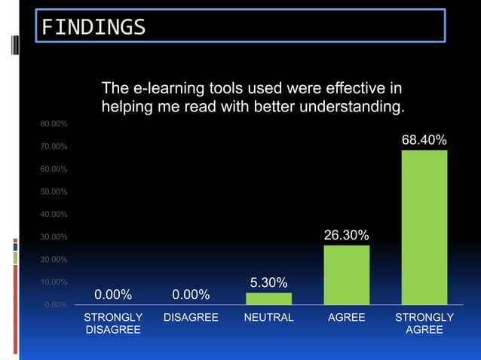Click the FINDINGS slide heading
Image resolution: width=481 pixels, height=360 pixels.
pyautogui.click(x=93, y=27)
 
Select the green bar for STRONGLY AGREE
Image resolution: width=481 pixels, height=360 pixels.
pyautogui.click(x=424, y=226)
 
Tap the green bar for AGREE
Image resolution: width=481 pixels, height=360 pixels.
pyautogui.click(x=346, y=274)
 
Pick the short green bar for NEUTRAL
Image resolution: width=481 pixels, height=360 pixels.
pyautogui.click(x=268, y=298)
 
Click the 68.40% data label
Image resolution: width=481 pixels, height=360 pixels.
pyautogui.click(x=424, y=140)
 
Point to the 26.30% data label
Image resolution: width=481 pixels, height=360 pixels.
pyautogui.click(x=346, y=236)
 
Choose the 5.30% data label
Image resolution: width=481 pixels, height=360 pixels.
pyautogui.click(x=268, y=282)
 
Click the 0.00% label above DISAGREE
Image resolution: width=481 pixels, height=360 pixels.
pyautogui.click(x=191, y=293)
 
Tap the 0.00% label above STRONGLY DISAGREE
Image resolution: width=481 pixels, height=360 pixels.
pyautogui.click(x=113, y=293)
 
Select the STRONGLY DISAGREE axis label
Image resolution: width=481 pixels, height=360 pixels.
pyautogui.click(x=113, y=324)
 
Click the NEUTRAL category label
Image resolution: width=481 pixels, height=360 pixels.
pyautogui.click(x=268, y=317)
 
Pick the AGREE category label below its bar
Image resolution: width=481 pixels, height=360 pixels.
pyautogui.click(x=346, y=317)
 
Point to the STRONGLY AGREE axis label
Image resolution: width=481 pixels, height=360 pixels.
pyautogui.click(x=424, y=324)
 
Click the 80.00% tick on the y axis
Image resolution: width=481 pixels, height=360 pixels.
pyautogui.click(x=54, y=123)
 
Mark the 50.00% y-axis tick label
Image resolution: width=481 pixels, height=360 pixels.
pyautogui.click(x=54, y=191)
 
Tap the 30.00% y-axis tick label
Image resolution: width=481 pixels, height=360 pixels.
pyautogui.click(x=54, y=237)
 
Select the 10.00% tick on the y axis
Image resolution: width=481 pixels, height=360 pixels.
pyautogui.click(x=54, y=282)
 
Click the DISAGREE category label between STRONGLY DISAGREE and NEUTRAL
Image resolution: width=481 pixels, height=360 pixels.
pyautogui.click(x=191, y=317)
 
